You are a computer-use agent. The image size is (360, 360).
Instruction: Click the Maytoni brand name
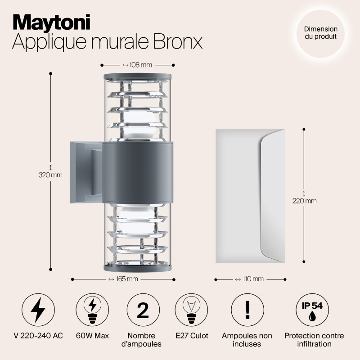point(51,22)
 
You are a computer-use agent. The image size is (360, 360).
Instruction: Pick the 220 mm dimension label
point(304,201)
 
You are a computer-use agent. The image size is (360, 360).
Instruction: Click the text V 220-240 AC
point(38,336)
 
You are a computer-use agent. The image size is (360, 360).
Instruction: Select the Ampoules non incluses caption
point(247,340)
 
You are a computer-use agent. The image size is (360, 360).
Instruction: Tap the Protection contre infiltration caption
point(314,340)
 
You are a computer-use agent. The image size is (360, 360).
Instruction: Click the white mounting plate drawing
point(250,196)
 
